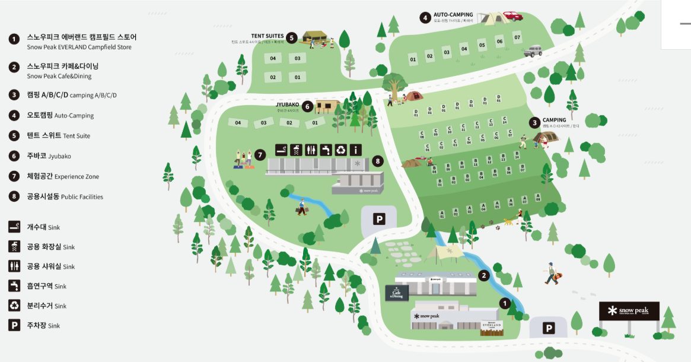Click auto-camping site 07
(517, 37)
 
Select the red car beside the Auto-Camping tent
(512, 17)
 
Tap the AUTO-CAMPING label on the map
(453, 15)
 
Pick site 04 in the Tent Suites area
(273, 58)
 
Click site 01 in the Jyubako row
(315, 123)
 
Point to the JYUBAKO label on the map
(287, 104)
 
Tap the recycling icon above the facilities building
(341, 150)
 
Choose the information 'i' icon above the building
(356, 150)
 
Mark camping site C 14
(504, 120)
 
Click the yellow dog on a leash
(508, 222)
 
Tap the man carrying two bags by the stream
(302, 207)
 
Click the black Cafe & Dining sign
(396, 293)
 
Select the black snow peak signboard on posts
(629, 311)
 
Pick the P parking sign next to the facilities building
(378, 220)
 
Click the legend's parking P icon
(14, 325)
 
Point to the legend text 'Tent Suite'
(77, 136)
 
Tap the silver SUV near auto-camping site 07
(531, 52)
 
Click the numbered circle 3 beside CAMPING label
(535, 122)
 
